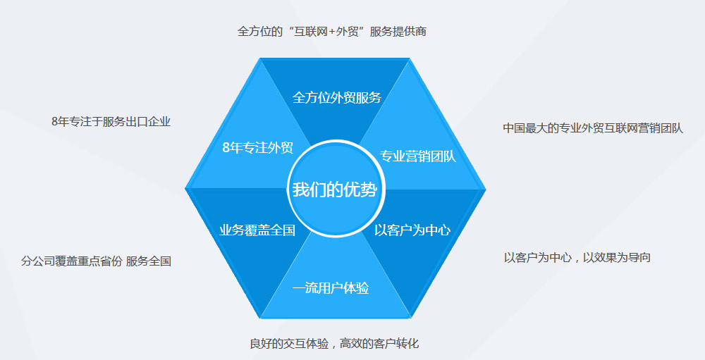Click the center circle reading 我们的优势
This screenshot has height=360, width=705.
pos(335,189)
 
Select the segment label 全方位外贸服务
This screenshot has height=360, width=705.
pos(336,97)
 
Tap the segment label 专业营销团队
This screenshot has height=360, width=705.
pos(418,156)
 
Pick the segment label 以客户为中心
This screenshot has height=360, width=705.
pos(412,230)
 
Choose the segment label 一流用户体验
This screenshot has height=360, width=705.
pos(331,287)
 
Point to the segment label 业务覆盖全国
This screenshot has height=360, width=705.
pos(257,230)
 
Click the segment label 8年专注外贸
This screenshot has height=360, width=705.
pos(257,147)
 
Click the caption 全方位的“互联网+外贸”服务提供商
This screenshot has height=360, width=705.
pos(331,31)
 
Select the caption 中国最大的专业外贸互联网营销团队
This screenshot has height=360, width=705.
pos(593,128)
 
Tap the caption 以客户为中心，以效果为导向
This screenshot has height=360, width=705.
pos(577,257)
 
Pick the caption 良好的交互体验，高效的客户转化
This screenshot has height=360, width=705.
pos(334,344)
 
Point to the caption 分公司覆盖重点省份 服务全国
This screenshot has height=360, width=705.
pos(96,261)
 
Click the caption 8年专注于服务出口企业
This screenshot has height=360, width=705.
pos(111,121)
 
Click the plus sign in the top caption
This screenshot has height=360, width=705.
pos(329,32)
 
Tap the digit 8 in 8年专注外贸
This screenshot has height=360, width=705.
pos(226,147)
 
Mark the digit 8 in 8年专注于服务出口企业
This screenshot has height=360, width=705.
pos(55,121)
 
